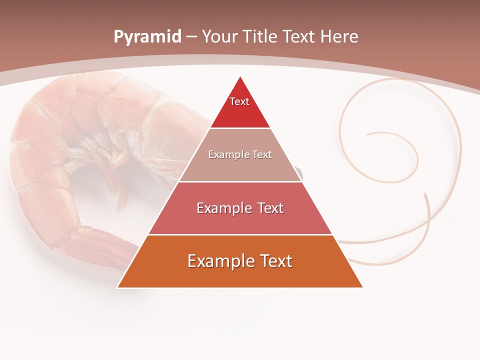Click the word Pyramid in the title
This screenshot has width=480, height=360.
[147, 36]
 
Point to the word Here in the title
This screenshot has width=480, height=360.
[339, 36]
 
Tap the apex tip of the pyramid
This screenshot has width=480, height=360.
[240, 77]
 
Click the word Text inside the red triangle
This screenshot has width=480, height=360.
[239, 101]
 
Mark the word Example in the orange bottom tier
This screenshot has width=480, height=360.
[217, 261]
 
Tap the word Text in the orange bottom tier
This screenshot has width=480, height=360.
[274, 261]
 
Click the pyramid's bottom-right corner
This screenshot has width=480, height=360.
[362, 287]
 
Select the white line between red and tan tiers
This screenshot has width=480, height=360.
[240, 128]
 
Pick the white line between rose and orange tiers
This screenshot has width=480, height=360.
[240, 234]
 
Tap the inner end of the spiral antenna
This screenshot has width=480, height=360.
[367, 134]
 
